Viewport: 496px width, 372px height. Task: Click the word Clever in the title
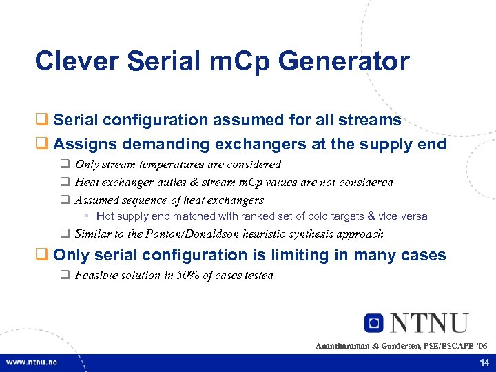coord(77,61)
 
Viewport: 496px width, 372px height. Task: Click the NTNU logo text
coord(428,323)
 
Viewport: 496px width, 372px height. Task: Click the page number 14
coord(482,362)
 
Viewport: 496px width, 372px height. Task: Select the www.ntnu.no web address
coord(32,362)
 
